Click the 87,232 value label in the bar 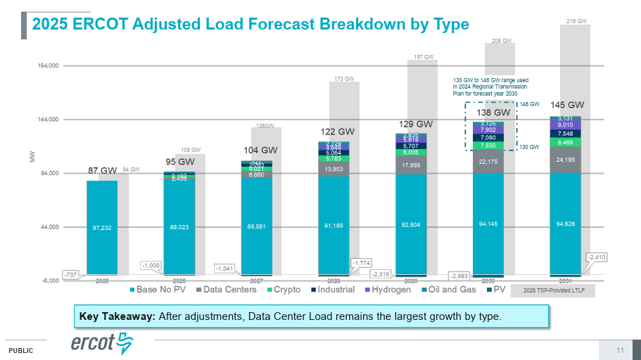[x=102, y=228]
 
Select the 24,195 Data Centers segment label [x=565, y=160]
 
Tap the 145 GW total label [x=567, y=105]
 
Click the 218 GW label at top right [x=576, y=22]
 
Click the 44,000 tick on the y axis [x=48, y=227]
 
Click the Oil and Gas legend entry [x=448, y=290]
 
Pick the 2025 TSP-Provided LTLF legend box [x=552, y=290]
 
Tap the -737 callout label [x=70, y=274]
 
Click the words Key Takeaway [x=118, y=316]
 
